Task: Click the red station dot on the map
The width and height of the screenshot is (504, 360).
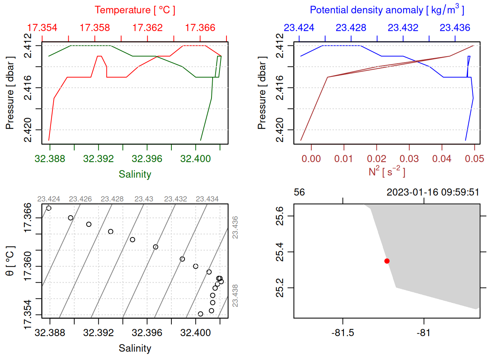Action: tap(387, 261)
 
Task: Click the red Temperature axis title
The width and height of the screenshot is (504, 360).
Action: tap(135, 10)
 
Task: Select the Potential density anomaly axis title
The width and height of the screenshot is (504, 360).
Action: tap(387, 10)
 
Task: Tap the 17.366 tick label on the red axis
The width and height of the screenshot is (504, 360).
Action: tap(200, 28)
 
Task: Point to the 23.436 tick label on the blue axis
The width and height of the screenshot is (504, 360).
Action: tap(455, 28)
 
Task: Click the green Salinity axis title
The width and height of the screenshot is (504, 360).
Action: tap(135, 174)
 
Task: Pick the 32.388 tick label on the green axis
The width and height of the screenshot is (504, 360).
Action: tap(50, 159)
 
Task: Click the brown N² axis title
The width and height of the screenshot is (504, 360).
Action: tap(387, 172)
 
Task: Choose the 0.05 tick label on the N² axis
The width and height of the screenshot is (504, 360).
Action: tap(474, 159)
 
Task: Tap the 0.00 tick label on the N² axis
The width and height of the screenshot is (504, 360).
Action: tap(311, 159)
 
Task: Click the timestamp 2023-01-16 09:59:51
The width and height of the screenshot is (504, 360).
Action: tap(433, 192)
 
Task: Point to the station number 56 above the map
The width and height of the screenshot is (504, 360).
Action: tap(299, 192)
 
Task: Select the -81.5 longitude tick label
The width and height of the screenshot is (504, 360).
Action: tap(343, 333)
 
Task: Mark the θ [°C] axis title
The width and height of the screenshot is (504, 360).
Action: tap(10, 261)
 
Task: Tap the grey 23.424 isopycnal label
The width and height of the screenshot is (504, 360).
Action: tap(49, 199)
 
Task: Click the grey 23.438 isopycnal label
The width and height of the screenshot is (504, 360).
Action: tap(235, 295)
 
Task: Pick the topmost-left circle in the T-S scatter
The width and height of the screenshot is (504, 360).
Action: tap(49, 208)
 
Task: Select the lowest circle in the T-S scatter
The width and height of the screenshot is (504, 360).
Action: tap(200, 314)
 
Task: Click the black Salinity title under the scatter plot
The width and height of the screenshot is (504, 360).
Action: tap(135, 348)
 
